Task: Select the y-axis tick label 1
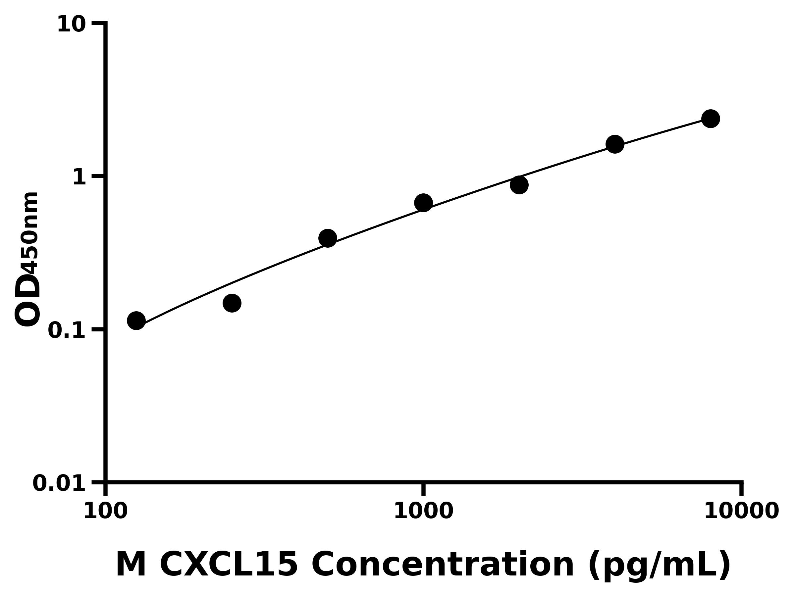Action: pyautogui.click(x=79, y=177)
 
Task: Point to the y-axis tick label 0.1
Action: pyautogui.click(x=67, y=330)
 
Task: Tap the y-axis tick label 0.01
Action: pyautogui.click(x=59, y=483)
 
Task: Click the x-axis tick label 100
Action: pyautogui.click(x=105, y=511)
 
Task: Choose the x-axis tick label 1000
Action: pyautogui.click(x=423, y=511)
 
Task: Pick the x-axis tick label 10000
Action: pyautogui.click(x=741, y=511)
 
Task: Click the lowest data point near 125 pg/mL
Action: pyautogui.click(x=136, y=321)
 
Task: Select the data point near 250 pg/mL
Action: pyautogui.click(x=232, y=303)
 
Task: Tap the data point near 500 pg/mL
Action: pyautogui.click(x=327, y=238)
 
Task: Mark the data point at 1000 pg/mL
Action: pyautogui.click(x=423, y=203)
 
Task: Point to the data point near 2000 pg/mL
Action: pyautogui.click(x=519, y=185)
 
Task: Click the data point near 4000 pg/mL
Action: pyautogui.click(x=615, y=144)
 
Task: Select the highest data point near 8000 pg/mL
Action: pyautogui.click(x=711, y=119)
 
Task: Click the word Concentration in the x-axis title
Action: pyautogui.click(x=442, y=566)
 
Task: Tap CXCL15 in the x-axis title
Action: pyautogui.click(x=229, y=566)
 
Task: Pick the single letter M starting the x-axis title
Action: pyautogui.click(x=131, y=566)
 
